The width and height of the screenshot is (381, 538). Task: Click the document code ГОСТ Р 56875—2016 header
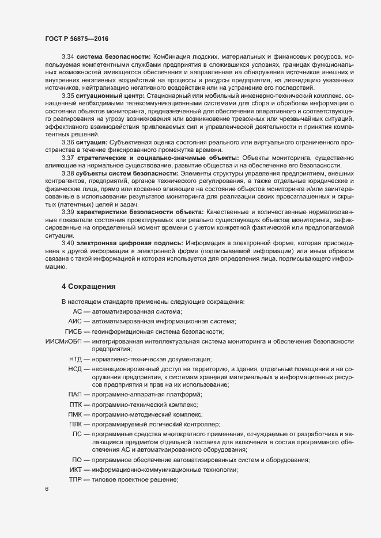pos(76,39)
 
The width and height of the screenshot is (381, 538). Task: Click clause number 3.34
pos(68,56)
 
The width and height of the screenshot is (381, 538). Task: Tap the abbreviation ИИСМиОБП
pos(63,342)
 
